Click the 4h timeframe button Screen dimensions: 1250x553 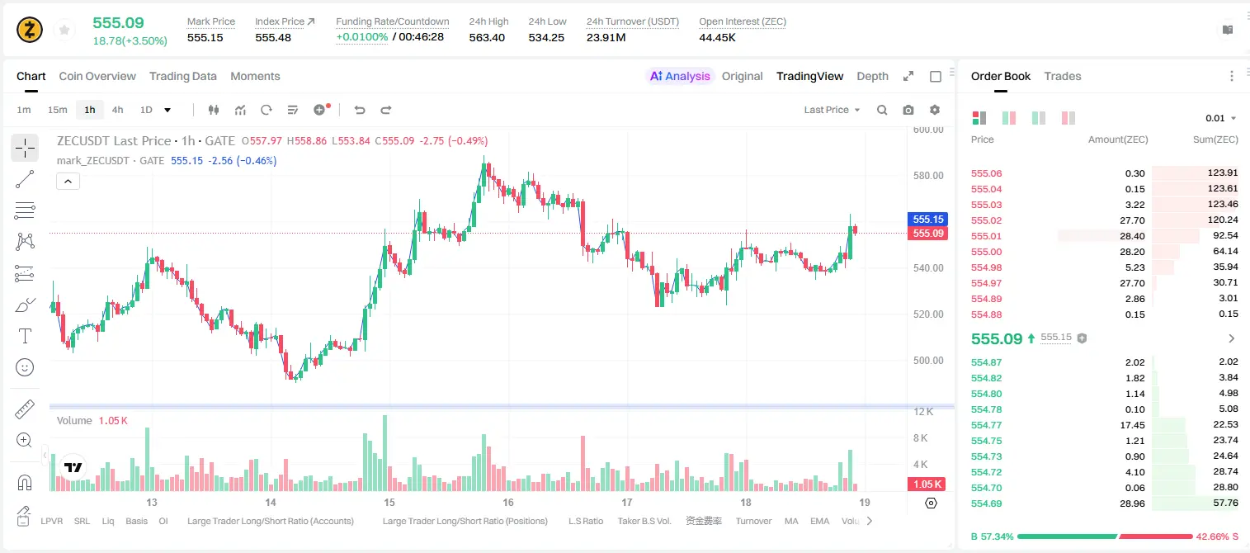pyautogui.click(x=117, y=110)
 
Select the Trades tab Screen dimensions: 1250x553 pyautogui.click(x=1063, y=76)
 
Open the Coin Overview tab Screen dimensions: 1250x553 pyautogui.click(x=97, y=76)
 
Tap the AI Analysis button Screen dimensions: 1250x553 pyautogui.click(x=680, y=76)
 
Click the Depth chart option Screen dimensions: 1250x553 pyautogui.click(x=872, y=76)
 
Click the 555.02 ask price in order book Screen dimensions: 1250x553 pyautogui.click(x=986, y=220)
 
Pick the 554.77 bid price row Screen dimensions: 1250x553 pyautogui.click(x=986, y=425)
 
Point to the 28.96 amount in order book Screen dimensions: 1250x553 pyautogui.click(x=1132, y=503)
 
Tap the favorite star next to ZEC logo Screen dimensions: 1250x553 pyautogui.click(x=64, y=30)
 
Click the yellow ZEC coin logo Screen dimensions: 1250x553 pyautogui.click(x=30, y=30)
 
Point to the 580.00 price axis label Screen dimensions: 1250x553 pyautogui.click(x=928, y=176)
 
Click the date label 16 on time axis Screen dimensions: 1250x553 pyautogui.click(x=507, y=502)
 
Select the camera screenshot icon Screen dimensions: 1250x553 pyautogui.click(x=908, y=110)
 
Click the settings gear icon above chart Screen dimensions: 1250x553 pyautogui.click(x=935, y=110)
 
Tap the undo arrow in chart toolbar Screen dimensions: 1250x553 pyautogui.click(x=360, y=110)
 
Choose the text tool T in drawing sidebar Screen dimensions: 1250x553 pyautogui.click(x=25, y=336)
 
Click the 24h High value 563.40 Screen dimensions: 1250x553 pyautogui.click(x=487, y=37)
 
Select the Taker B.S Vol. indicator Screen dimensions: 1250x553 pyautogui.click(x=644, y=521)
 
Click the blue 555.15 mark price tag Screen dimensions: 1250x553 pyautogui.click(x=928, y=220)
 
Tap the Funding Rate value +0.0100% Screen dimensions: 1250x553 pyautogui.click(x=361, y=37)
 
